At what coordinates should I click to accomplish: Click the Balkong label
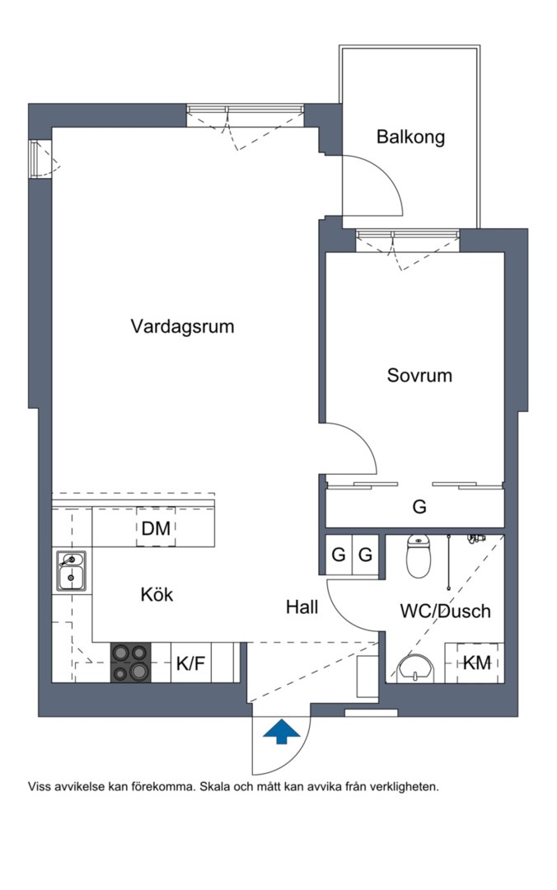tap(410, 137)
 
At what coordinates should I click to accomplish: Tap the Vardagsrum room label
tap(182, 326)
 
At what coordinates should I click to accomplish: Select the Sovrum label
tap(419, 376)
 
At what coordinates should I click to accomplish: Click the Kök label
tap(157, 594)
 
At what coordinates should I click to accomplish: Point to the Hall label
tap(302, 607)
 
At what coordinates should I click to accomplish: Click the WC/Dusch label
tap(445, 611)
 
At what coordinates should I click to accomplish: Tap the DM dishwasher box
tap(156, 529)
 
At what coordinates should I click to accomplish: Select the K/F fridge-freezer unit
tap(190, 663)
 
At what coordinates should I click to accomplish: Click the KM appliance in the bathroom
tap(475, 663)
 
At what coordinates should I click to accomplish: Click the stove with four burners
tap(132, 663)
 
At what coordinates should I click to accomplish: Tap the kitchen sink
tap(72, 571)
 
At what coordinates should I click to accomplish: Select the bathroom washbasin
tap(417, 667)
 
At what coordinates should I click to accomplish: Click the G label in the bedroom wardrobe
tap(419, 508)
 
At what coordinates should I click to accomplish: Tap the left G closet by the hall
tap(338, 555)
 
